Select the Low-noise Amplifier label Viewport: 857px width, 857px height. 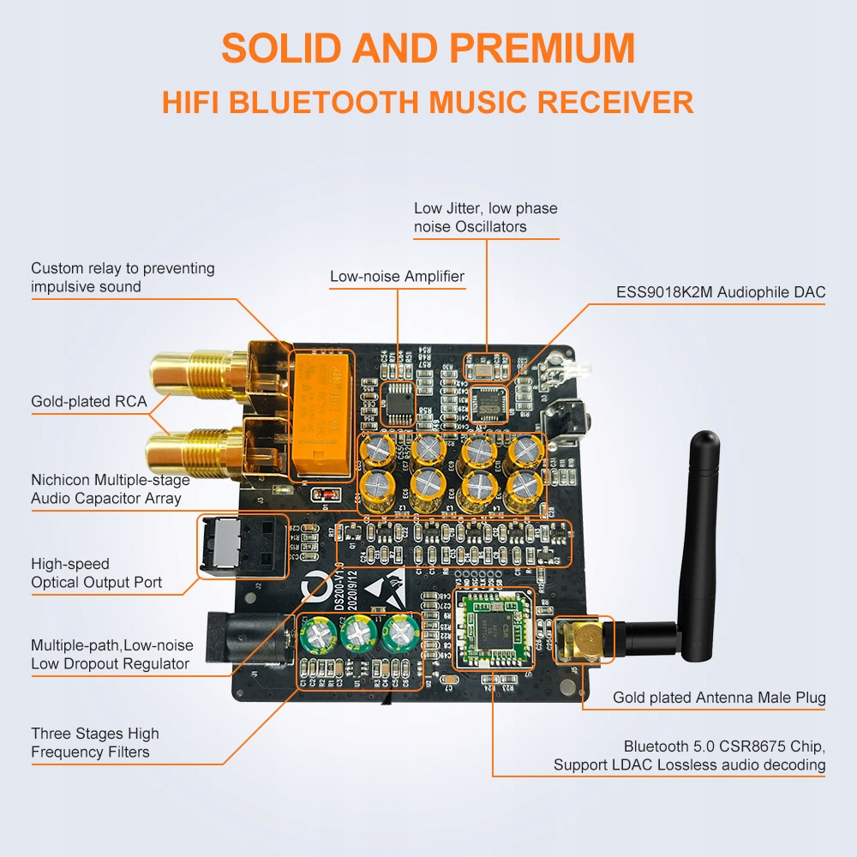(x=398, y=276)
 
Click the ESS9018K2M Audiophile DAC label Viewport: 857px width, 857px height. (x=721, y=292)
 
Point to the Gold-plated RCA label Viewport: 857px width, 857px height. (x=89, y=401)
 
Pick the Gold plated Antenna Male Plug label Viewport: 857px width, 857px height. (x=719, y=698)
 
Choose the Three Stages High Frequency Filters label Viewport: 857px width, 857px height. (x=95, y=743)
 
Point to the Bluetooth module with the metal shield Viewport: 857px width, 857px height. (x=494, y=628)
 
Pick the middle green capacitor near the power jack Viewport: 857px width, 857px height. (x=358, y=637)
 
